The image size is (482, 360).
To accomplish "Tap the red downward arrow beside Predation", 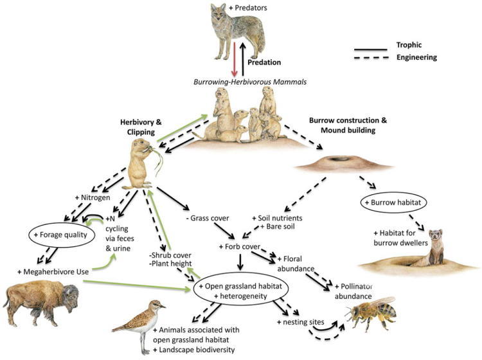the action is (235, 59).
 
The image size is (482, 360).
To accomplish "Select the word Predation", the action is (264, 62).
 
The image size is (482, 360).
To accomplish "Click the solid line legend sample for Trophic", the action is (370, 50).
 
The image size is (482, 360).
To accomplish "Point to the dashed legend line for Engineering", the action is (371, 58).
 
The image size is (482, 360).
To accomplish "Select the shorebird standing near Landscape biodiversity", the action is (140, 326).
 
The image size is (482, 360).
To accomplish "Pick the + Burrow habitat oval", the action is (395, 203).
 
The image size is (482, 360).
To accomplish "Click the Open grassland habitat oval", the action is (240, 291).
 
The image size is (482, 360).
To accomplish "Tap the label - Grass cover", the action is (208, 219).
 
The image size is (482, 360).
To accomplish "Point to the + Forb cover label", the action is (240, 247).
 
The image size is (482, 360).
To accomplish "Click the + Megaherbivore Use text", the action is (53, 272).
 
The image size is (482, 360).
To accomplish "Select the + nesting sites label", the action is (300, 322).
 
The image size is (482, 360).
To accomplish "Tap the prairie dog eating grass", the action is (143, 163).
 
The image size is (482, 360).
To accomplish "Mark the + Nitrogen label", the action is (93, 197).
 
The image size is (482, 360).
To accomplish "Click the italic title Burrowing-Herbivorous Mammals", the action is (250, 82).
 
